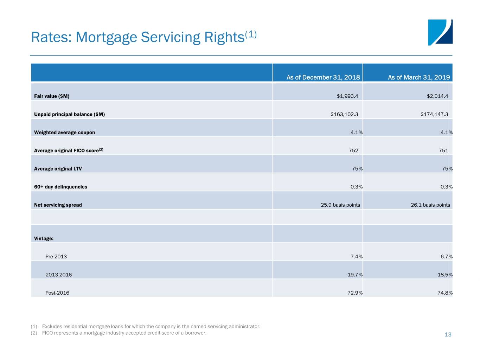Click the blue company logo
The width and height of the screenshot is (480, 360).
pos(440,32)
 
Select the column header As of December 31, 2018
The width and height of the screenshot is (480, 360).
pos(323,77)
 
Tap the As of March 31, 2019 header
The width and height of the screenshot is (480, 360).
pos(419,77)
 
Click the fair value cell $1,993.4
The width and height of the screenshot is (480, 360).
pos(347,96)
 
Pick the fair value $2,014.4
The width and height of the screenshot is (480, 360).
pos(437,96)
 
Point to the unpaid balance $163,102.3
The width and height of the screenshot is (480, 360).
pos(344,114)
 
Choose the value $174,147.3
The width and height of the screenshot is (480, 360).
pos(434,114)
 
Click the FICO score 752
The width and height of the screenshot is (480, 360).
pos(353,150)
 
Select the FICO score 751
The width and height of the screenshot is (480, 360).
pos(443,150)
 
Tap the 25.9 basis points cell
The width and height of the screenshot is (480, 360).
pos(340,205)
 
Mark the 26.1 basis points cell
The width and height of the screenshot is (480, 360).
pos(430,205)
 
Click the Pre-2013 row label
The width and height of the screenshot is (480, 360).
pos(56,257)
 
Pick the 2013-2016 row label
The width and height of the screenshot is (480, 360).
pos(59,275)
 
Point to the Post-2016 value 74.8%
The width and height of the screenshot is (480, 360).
pos(445,293)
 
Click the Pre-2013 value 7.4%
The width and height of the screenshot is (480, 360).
pos(357,257)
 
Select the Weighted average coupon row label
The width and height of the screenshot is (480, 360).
pos(64,133)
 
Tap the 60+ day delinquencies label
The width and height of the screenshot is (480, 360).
pos(60,187)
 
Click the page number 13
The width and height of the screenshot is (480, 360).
pos(448,334)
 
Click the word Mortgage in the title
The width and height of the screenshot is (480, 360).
pos(106,38)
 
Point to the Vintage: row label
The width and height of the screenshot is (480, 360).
pos(44,238)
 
